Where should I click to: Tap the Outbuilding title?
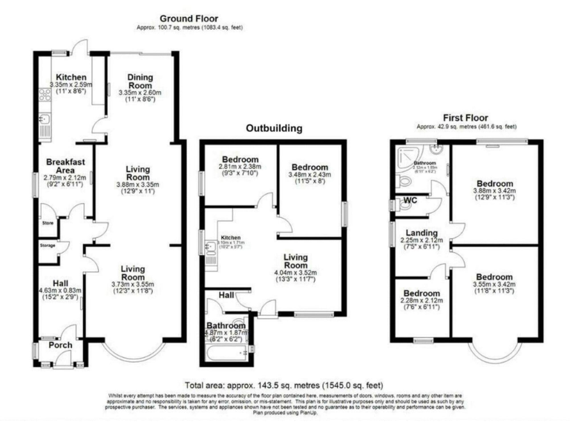(275, 128)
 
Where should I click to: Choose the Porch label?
(61, 345)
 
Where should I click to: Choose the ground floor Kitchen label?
(71, 78)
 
